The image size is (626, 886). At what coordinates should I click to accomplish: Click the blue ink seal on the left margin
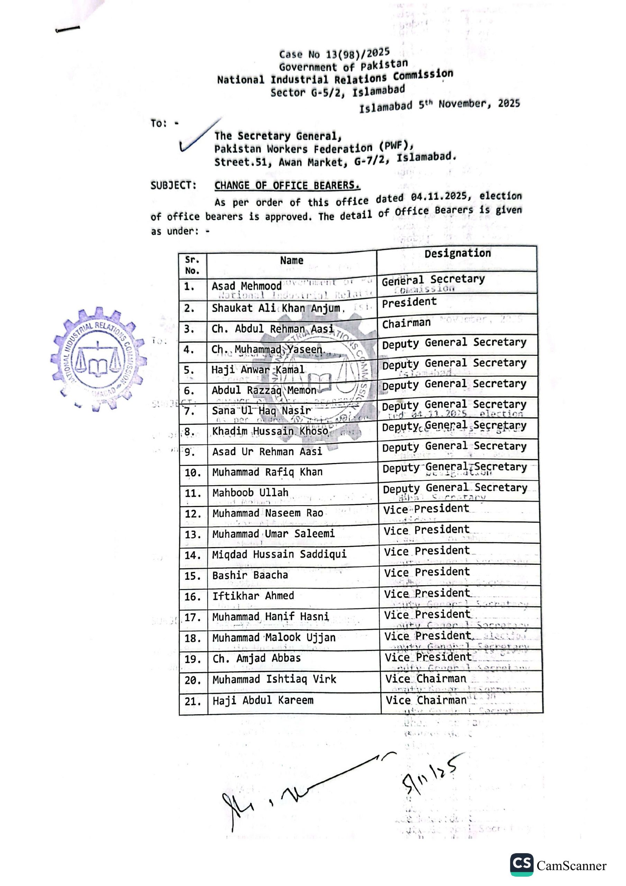coord(98,359)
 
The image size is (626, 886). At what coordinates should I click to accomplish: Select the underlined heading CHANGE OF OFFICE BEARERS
coord(287,186)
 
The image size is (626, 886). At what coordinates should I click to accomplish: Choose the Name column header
coord(291,261)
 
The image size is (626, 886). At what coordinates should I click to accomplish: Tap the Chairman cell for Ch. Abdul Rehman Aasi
coord(406,323)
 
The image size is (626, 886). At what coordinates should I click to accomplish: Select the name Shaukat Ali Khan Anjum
coord(276,308)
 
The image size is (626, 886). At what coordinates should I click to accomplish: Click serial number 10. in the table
coord(193,473)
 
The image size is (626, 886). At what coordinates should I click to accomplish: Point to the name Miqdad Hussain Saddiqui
coord(279,554)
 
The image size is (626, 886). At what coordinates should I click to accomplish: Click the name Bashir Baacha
coord(250,575)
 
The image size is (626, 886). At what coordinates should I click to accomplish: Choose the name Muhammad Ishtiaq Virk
coord(274,679)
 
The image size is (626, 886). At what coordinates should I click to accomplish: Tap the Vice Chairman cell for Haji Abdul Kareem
coord(426,700)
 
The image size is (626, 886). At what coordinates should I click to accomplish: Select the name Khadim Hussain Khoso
coord(270,431)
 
